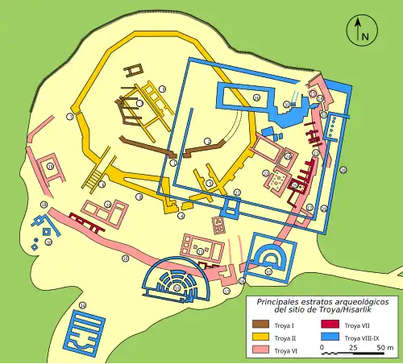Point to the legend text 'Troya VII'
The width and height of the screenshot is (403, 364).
[358, 325]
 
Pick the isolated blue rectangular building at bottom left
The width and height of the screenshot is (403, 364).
[84, 333]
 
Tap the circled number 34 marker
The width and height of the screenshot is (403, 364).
[256, 97]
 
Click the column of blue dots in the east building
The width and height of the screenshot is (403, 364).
[331, 126]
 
